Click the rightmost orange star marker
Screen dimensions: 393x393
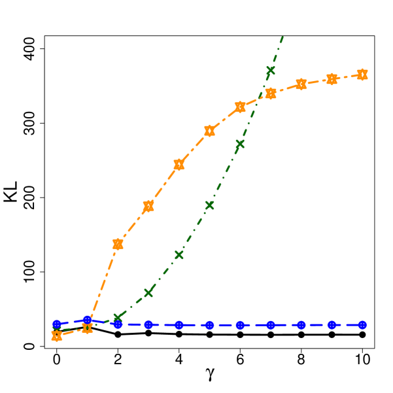click(x=362, y=75)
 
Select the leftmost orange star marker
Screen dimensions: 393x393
click(x=57, y=335)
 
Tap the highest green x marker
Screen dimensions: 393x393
click(x=271, y=71)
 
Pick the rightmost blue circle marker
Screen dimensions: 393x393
click(x=362, y=324)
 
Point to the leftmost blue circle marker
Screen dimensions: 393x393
click(x=57, y=324)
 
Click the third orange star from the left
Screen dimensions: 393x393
click(x=118, y=244)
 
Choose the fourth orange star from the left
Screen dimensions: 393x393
click(x=148, y=206)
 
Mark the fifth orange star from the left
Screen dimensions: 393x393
click(x=179, y=164)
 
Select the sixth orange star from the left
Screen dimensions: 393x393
click(x=209, y=130)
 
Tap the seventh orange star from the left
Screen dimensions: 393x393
click(x=240, y=107)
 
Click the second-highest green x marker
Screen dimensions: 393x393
click(x=240, y=144)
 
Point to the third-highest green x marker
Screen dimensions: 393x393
click(x=209, y=205)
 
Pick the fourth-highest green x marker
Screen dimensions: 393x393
click(x=179, y=255)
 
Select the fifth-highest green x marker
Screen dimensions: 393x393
click(x=148, y=292)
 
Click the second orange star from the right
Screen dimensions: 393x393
click(x=332, y=79)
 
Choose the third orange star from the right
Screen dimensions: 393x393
click(x=301, y=84)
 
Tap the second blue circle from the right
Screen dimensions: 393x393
click(x=332, y=324)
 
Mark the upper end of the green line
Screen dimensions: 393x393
click(x=282, y=37)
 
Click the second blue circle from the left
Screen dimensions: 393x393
click(x=87, y=320)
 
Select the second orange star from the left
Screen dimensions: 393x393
click(x=87, y=328)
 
